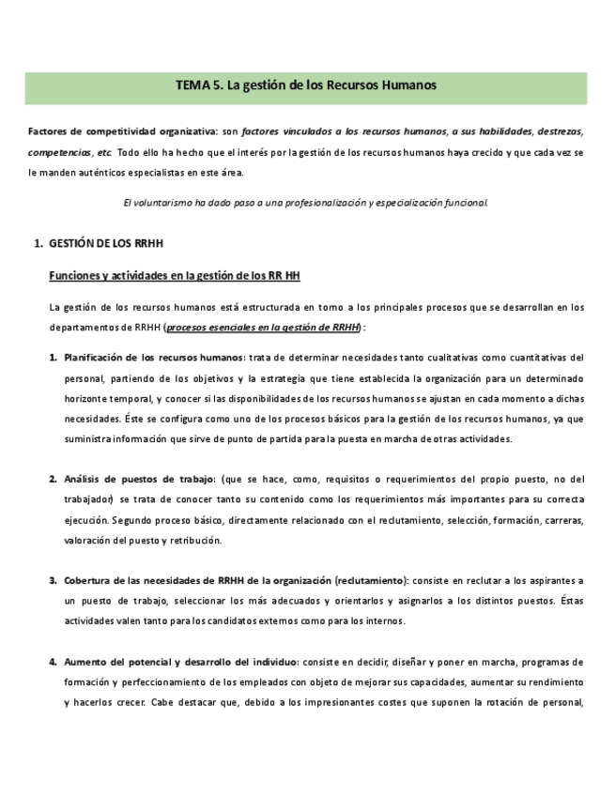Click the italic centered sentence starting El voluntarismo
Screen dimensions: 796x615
coord(306,202)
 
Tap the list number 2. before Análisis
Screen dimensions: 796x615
coord(54,479)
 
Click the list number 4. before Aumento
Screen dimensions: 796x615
coord(54,662)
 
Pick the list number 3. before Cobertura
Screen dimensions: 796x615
coord(54,581)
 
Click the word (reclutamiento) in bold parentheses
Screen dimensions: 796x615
coord(370,581)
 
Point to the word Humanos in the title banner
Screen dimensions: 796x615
coord(410,85)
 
